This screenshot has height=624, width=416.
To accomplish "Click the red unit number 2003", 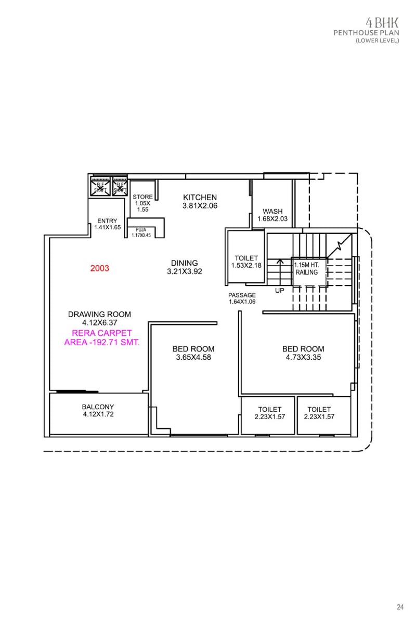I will pyautogui.click(x=99, y=268).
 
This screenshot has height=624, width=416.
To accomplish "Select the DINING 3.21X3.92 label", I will pyautogui.click(x=184, y=267).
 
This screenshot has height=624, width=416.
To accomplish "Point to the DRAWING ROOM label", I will pyautogui.click(x=99, y=318).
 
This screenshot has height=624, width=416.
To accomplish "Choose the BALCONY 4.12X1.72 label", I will pyautogui.click(x=98, y=411).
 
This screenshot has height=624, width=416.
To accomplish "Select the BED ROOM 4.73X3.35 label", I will pyautogui.click(x=303, y=353).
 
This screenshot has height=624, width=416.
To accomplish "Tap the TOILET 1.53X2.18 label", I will pyautogui.click(x=246, y=262).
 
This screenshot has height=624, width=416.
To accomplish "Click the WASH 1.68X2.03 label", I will pyautogui.click(x=272, y=215).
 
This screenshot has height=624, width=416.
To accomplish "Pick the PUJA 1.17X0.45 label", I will pyautogui.click(x=141, y=232).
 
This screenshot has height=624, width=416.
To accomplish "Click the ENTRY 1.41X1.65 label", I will pyautogui.click(x=107, y=224).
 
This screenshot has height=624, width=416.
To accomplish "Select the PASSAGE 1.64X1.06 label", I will pyautogui.click(x=242, y=298).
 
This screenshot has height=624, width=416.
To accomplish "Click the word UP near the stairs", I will pyautogui.click(x=280, y=291).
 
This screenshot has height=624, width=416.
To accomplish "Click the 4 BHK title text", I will pyautogui.click(x=382, y=22).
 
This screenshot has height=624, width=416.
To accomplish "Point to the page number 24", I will pyautogui.click(x=400, y=607).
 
